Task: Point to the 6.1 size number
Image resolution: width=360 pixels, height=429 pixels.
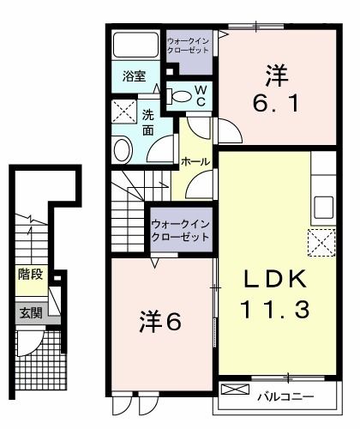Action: point(276,105)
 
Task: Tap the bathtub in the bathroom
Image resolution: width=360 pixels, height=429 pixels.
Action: point(135,48)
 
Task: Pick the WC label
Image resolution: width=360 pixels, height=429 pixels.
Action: point(200,96)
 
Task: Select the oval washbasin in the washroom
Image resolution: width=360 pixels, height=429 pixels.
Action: point(122,149)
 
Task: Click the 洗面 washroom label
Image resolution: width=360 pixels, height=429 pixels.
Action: point(147,122)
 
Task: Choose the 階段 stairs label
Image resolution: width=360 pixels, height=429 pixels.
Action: point(30,275)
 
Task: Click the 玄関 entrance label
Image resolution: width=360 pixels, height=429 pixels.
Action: point(30,313)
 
